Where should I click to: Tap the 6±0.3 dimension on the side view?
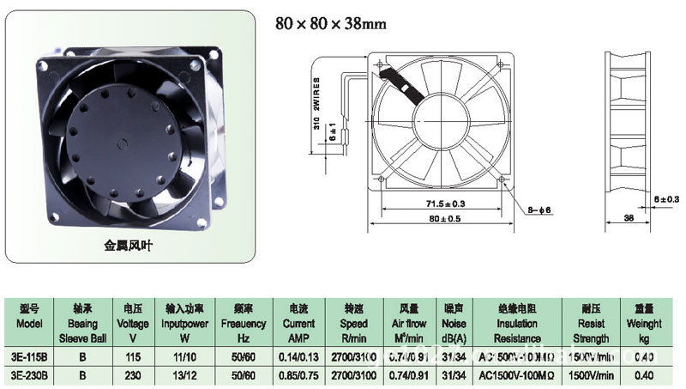[665, 198]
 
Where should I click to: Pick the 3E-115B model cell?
[30, 356]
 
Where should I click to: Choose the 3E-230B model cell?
[30, 374]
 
